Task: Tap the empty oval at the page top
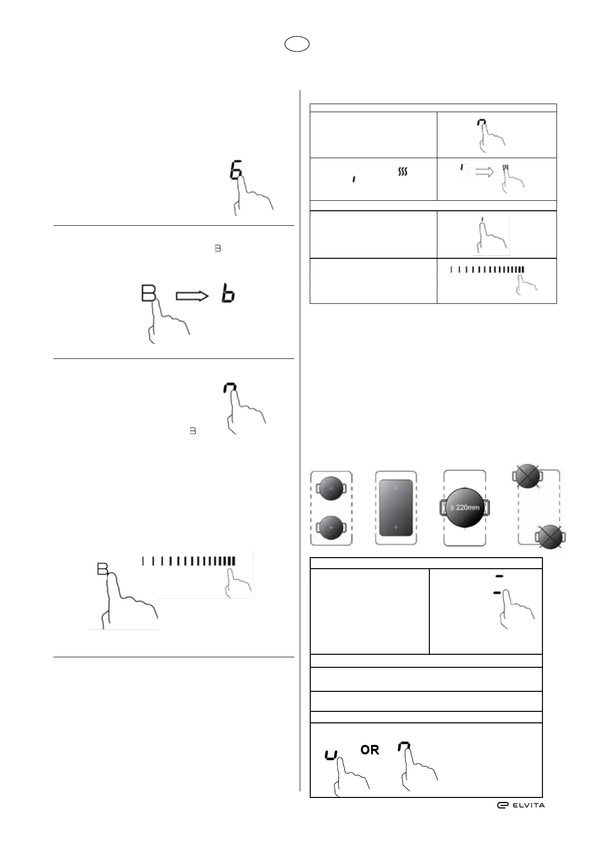tap(297, 45)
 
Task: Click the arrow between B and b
tap(192, 296)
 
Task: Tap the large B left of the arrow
tap(148, 293)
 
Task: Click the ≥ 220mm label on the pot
tap(464, 507)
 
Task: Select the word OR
tap(370, 750)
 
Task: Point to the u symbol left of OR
tap(331, 754)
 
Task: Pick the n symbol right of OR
tap(404, 747)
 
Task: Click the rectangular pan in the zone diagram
tap(395, 508)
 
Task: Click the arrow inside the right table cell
tap(484, 172)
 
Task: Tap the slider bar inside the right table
tap(487, 269)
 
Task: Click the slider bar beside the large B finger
tap(189, 561)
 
